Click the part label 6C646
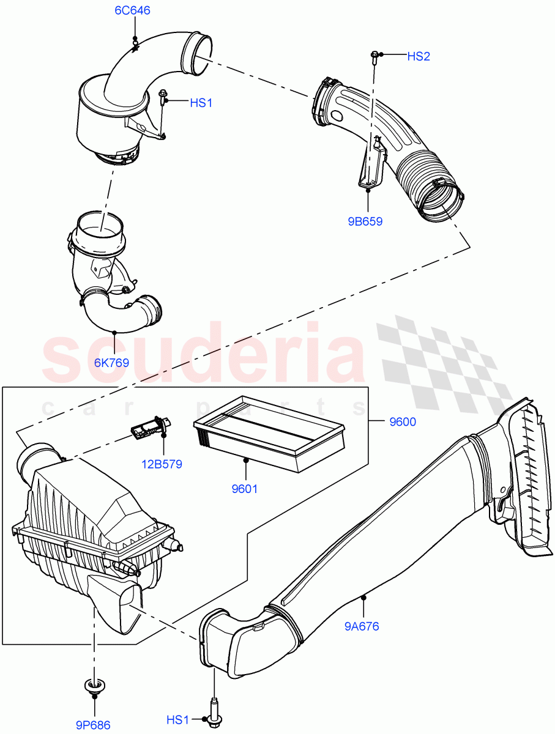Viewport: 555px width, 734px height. coord(132,10)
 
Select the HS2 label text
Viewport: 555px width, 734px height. coord(419,56)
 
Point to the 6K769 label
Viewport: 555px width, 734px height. coord(111,363)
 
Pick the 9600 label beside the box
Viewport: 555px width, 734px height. coord(403,422)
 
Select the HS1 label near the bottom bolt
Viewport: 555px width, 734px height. coord(178,721)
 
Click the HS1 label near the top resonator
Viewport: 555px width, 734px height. coord(201,103)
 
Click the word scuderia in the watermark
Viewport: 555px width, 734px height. coord(202,355)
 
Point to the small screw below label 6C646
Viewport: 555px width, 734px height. coord(135,43)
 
